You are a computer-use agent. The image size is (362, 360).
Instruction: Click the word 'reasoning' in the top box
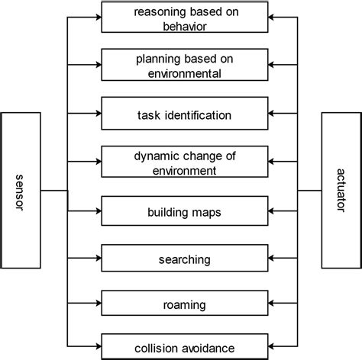coord(157,12)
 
